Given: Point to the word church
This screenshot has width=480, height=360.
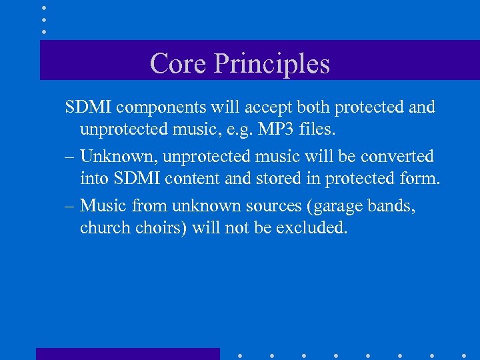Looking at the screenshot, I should coord(100,228).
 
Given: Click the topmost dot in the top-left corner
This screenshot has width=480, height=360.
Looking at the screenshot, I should coord(44,7).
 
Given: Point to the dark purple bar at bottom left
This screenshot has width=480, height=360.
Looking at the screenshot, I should coord(127,354).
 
